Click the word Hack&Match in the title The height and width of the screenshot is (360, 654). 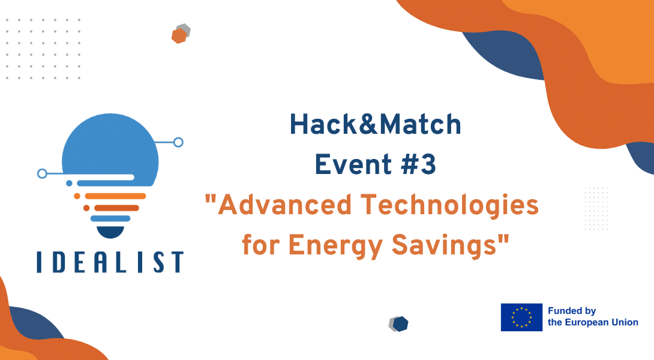tap(376, 124)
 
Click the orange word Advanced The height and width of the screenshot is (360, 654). tap(284, 205)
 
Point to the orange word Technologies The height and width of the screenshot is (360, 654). tap(449, 206)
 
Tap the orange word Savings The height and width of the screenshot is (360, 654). tap(444, 245)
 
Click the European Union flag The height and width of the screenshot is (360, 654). tap(521, 317)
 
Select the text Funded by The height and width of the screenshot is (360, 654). tap(571, 311)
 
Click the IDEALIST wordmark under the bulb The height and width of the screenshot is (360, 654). tap(110, 262)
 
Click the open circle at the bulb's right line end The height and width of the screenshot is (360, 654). tap(178, 142)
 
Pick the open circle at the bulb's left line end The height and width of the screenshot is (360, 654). tap(42, 173)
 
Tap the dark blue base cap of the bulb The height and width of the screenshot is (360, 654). tap(110, 232)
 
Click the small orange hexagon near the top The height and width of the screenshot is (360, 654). tap(179, 36)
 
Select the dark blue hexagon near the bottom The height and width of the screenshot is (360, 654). tap(400, 324)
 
